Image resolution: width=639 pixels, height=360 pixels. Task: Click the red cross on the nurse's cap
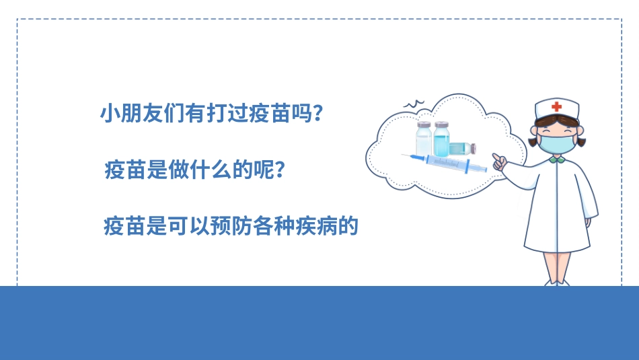tap(556, 106)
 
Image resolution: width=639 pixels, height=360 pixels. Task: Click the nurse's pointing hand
tap(499, 161)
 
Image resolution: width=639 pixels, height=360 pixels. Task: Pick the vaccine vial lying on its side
tap(463, 148)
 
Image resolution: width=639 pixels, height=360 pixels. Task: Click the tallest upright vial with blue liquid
tap(441, 139)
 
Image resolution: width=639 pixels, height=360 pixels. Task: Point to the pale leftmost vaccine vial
tap(423, 140)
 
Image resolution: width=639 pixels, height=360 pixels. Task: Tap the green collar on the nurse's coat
tap(556, 159)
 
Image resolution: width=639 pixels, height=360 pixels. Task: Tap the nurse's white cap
tap(556, 109)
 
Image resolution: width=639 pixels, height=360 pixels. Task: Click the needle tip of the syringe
tap(404, 155)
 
